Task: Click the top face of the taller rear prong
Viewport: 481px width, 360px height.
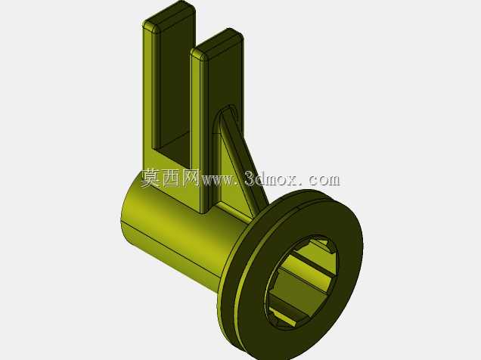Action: [169, 16]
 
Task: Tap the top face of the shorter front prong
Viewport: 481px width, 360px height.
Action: [217, 45]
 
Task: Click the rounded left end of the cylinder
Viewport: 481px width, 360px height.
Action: [126, 212]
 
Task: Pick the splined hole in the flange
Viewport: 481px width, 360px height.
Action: [303, 283]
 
